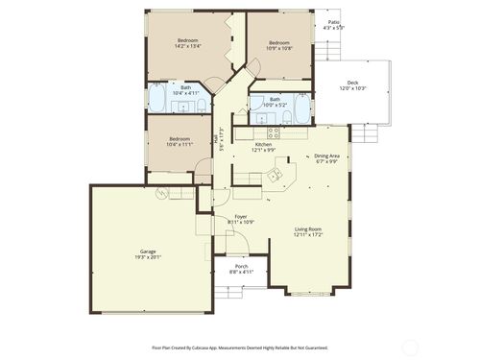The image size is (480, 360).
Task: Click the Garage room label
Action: pyautogui.click(x=148, y=254)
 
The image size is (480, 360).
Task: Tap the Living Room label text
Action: pyautogui.click(x=307, y=231)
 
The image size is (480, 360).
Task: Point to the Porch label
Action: pyautogui.click(x=241, y=270)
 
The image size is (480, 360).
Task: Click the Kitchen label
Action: pyautogui.click(x=263, y=147)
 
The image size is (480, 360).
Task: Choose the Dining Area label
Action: pyautogui.click(x=326, y=158)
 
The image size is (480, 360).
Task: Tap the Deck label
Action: pyautogui.click(x=353, y=86)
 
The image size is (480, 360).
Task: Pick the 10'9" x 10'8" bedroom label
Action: pyautogui.click(x=279, y=45)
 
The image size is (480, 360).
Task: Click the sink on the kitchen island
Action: pyautogui.click(x=274, y=176)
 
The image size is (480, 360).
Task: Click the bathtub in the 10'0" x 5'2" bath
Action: pyautogui.click(x=302, y=108)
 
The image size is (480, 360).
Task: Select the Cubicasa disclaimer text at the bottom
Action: pyautogui.click(x=240, y=348)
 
